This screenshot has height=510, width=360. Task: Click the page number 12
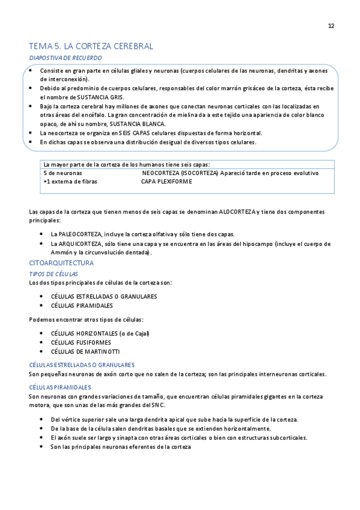[x=331, y=26]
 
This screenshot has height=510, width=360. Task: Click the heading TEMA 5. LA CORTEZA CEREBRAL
[x=91, y=46]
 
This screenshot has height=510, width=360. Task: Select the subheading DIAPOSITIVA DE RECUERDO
[x=66, y=58]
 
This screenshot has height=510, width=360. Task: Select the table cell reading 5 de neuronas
[x=63, y=173]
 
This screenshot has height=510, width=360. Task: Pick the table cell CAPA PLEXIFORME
[x=166, y=182]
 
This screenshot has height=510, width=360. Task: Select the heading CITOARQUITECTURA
[x=61, y=263]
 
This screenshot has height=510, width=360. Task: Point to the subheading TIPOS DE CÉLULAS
[x=53, y=274]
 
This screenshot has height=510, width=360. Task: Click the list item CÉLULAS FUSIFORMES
[x=82, y=342]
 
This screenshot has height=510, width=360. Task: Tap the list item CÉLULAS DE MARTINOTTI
[x=85, y=351]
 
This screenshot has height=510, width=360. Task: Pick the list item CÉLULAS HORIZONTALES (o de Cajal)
[x=100, y=333]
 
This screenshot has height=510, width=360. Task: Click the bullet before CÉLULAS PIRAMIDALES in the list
[x=41, y=306]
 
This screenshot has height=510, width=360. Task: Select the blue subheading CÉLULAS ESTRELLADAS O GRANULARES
[x=82, y=365]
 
